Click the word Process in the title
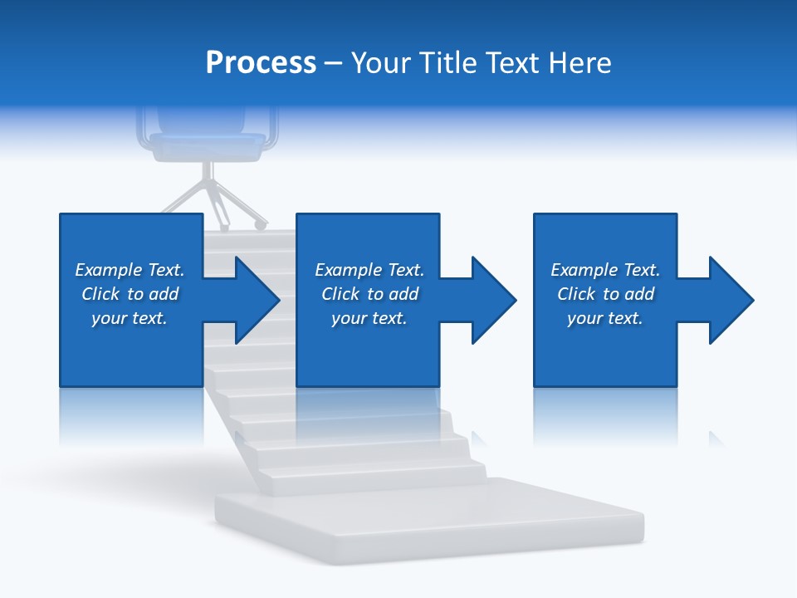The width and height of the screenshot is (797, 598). coord(261,63)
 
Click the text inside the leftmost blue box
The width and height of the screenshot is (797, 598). coord(130,294)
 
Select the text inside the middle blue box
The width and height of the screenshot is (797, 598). coord(369,294)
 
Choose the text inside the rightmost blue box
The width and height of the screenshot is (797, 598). coord(605,294)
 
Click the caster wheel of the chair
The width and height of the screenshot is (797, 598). coord(260,224)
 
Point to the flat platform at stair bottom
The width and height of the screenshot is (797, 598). coord(429,519)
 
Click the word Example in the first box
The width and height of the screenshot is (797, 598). coord(108,270)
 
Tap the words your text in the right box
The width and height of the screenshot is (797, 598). coord(605,318)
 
